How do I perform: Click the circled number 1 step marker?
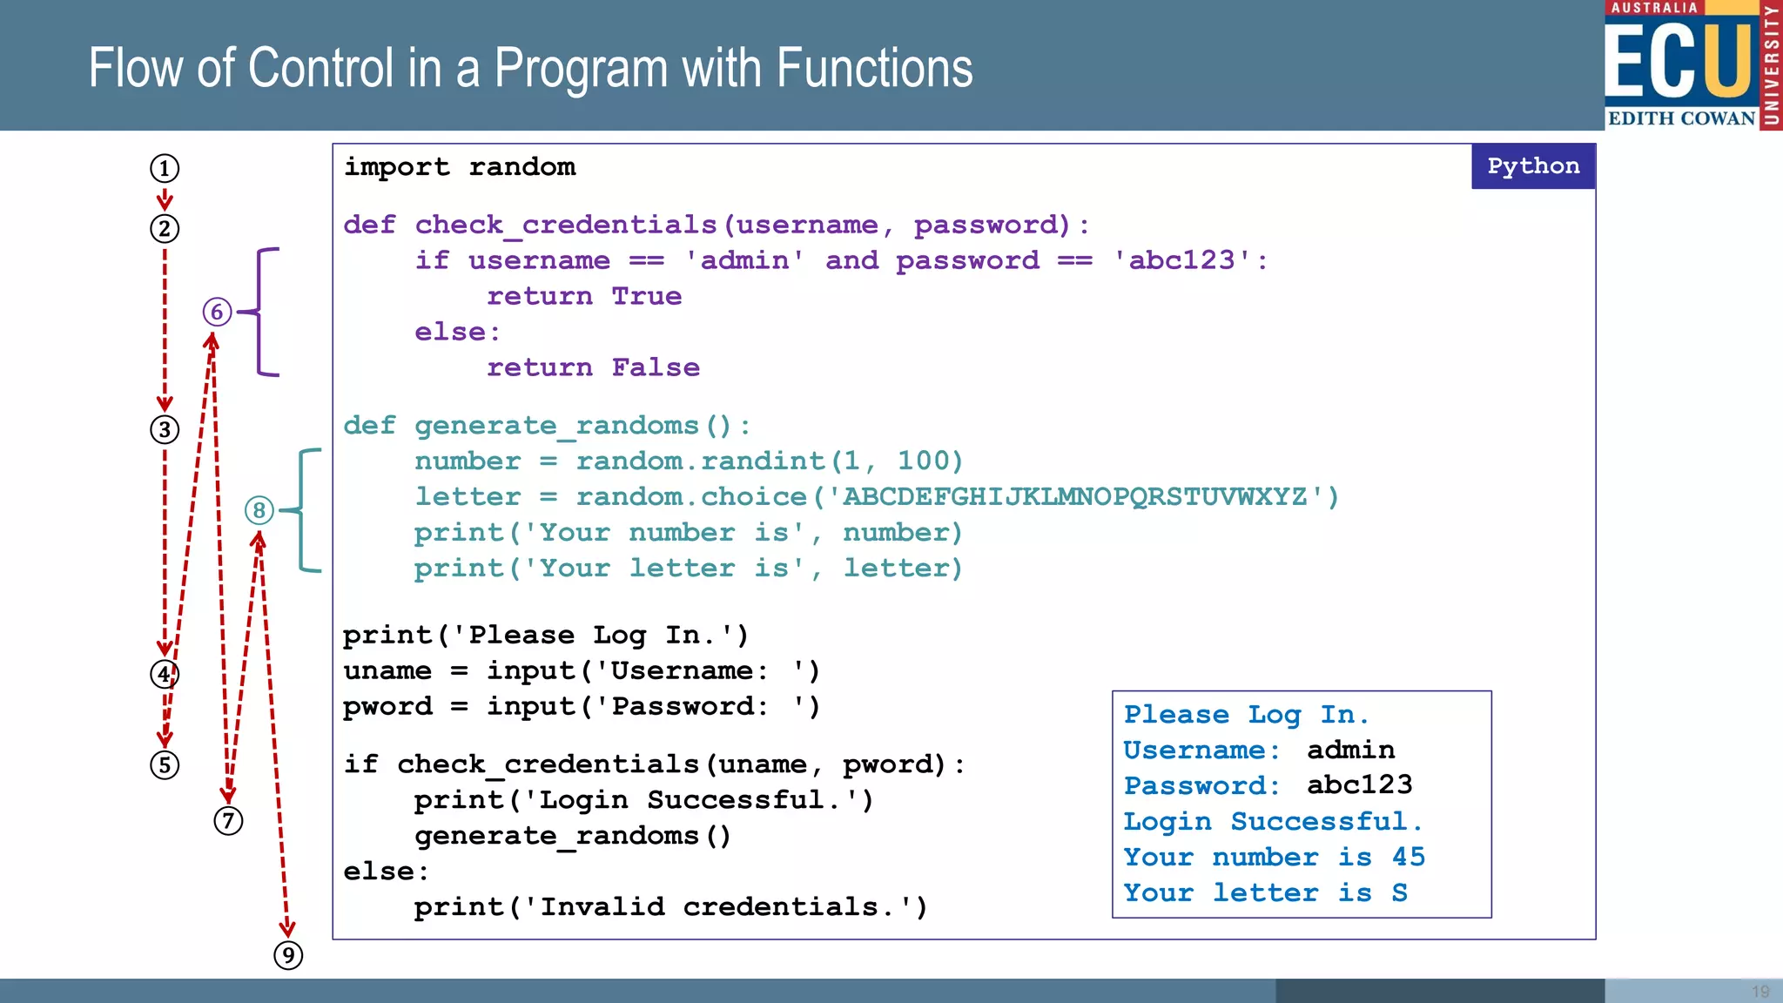[x=165, y=168]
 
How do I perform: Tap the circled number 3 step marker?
[x=165, y=429]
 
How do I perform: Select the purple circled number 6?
[x=217, y=312]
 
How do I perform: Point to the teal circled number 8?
[x=259, y=510]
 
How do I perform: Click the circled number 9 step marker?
[x=288, y=955]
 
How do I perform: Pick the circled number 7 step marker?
[x=228, y=820]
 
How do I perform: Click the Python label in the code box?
[x=1532, y=166]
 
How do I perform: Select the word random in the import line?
[x=522, y=166]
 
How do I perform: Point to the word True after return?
[x=646, y=296]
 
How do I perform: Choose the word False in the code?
[x=655, y=367]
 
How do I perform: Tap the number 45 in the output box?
[x=1408, y=857]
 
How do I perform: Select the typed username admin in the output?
[x=1350, y=750]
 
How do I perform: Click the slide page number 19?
[x=1760, y=992]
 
